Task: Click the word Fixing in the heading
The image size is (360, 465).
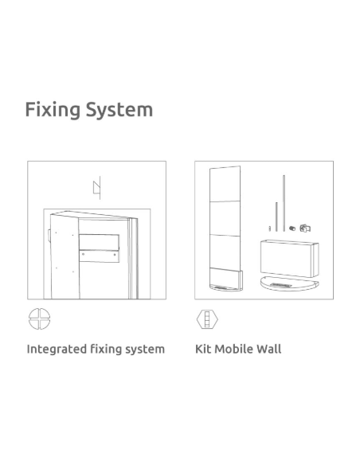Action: (x=53, y=110)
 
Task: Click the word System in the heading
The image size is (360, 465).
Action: (x=119, y=109)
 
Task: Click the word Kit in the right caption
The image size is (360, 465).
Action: (x=203, y=349)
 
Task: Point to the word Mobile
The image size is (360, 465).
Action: (x=234, y=349)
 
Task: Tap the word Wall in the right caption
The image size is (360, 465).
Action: (x=268, y=349)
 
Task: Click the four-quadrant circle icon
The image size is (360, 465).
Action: (x=40, y=318)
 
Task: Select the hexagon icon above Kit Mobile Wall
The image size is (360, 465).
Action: (x=207, y=319)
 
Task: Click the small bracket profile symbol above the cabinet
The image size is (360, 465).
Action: (x=97, y=187)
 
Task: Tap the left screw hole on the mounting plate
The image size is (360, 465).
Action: (x=84, y=254)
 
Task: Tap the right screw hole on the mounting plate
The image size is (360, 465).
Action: (x=115, y=255)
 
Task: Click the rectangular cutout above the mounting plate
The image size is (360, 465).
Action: (x=100, y=242)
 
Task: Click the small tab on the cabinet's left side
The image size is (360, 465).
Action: (x=49, y=235)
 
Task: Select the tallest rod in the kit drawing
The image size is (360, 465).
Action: (x=284, y=203)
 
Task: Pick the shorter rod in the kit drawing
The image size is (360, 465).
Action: (x=276, y=217)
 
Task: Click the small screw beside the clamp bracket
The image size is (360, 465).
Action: (x=292, y=228)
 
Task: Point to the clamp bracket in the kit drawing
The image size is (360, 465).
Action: (x=305, y=228)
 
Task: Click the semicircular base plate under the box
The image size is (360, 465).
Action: (x=289, y=283)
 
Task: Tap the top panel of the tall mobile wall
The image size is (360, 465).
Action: (x=225, y=184)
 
